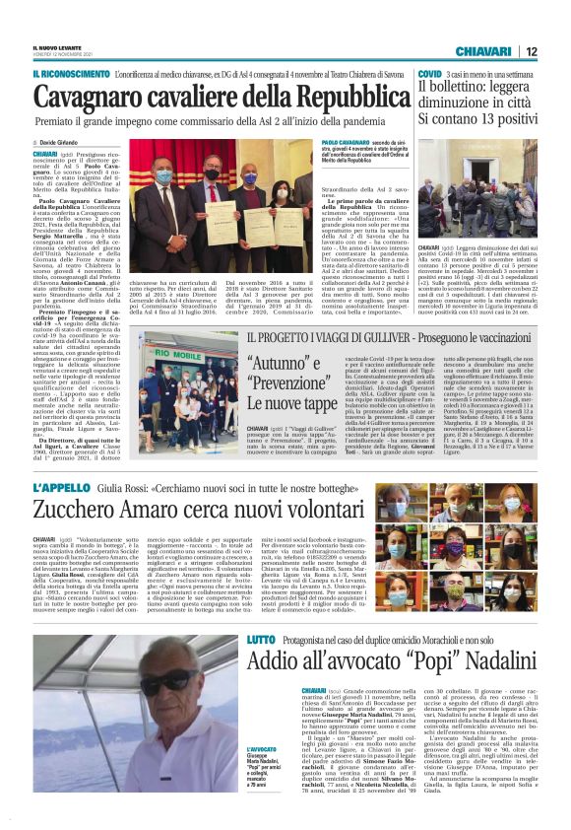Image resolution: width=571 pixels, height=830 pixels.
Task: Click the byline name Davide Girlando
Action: click(x=64, y=144)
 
